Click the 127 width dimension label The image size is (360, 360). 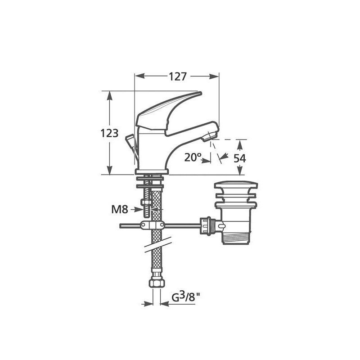click(x=178, y=76)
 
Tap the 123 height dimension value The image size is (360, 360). click(x=109, y=133)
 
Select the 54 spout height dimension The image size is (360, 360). click(x=240, y=158)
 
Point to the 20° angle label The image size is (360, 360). click(x=193, y=157)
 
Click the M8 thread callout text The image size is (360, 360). click(x=120, y=209)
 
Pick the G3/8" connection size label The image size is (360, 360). click(x=186, y=297)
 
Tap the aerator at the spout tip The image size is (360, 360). click(x=208, y=136)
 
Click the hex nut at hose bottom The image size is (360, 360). click(x=157, y=283)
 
